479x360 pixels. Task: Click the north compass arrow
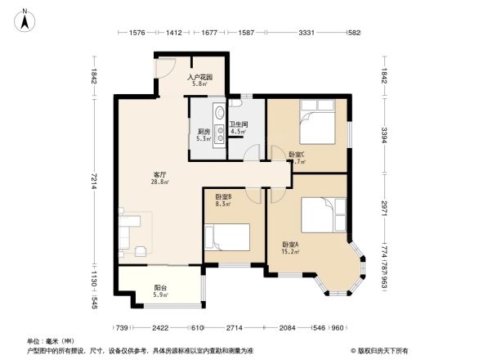[25, 19]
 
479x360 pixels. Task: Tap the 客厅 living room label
[159, 174]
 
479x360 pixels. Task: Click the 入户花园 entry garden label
[201, 77]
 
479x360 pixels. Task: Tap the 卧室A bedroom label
[291, 245]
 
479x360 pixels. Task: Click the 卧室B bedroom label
[223, 196]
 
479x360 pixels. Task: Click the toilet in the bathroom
[236, 105]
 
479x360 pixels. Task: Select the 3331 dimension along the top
[307, 33]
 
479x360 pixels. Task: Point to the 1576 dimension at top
[137, 33]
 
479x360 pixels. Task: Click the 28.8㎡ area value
[159, 182]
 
